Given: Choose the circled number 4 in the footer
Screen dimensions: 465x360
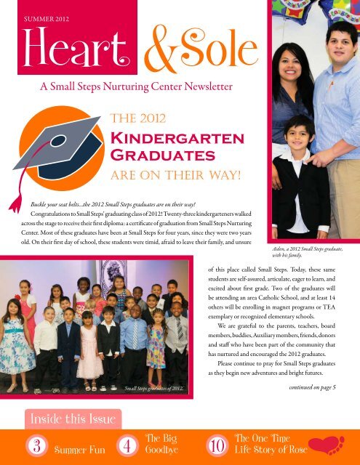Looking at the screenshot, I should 127,445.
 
